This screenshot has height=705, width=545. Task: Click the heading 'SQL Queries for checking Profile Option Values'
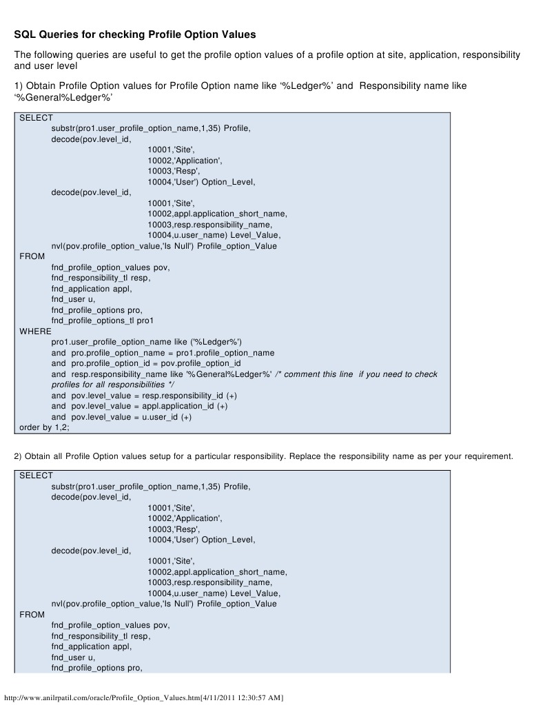click(x=135, y=34)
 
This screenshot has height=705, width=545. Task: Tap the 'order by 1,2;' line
click(x=44, y=427)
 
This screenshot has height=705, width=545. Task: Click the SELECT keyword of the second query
click(x=36, y=476)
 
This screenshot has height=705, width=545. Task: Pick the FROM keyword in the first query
click(x=32, y=256)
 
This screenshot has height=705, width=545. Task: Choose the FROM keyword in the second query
click(x=32, y=614)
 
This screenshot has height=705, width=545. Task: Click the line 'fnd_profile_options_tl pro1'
click(x=102, y=320)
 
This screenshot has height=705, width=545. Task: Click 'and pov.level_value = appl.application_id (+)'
click(x=139, y=406)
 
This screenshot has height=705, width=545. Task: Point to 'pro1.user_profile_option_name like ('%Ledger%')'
click(x=146, y=342)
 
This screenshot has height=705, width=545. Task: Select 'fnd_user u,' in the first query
click(x=73, y=299)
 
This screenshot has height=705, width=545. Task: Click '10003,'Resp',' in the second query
click(x=173, y=529)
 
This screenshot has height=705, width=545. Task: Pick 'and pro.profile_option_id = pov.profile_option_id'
click(x=146, y=363)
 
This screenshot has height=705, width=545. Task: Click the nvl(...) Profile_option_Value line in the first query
click(x=164, y=246)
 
